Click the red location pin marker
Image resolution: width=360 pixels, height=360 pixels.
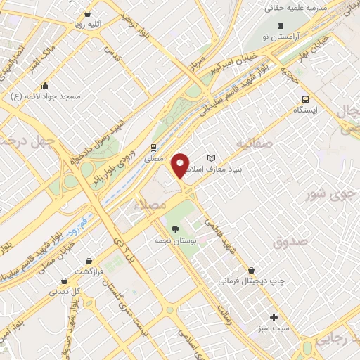[181, 165]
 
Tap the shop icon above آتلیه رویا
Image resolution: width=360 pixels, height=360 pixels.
[86, 13]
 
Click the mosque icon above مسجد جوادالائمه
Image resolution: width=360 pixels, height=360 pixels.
[46, 84]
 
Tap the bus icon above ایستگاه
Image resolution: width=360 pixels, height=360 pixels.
[304, 99]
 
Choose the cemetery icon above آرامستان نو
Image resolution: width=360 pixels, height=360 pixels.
[282, 25]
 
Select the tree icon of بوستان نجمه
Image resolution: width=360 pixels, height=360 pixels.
[174, 229]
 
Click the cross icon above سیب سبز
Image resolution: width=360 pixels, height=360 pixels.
[274, 317]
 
